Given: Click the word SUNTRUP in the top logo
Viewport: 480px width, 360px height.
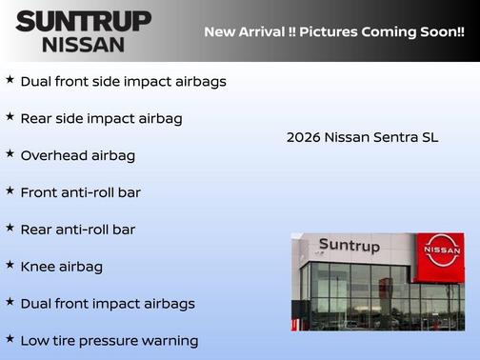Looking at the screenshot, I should [x=83, y=21].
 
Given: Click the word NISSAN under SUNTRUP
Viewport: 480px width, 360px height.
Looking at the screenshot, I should [x=83, y=44].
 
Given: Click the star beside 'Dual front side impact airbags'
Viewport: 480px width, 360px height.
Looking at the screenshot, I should [x=10, y=80].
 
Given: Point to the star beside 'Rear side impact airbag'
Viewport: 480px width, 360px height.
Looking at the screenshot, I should [x=10, y=117].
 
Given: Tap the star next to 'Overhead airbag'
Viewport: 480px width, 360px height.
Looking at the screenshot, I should [x=10, y=154].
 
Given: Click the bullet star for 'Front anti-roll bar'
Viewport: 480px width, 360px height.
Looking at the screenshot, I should [x=10, y=191].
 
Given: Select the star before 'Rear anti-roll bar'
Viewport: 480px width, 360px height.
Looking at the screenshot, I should [x=10, y=229].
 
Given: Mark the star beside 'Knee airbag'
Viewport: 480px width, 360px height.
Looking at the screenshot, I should [x=10, y=266].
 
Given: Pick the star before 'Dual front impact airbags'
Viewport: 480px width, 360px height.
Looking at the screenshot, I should [x=10, y=303].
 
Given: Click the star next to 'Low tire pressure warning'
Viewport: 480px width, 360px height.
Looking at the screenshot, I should [x=10, y=339].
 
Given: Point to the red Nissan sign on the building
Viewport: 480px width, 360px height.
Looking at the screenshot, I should [x=442, y=250].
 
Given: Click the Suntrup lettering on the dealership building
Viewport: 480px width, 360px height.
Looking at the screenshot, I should [x=349, y=246].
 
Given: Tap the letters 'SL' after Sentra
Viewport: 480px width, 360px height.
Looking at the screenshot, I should [x=430, y=137].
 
